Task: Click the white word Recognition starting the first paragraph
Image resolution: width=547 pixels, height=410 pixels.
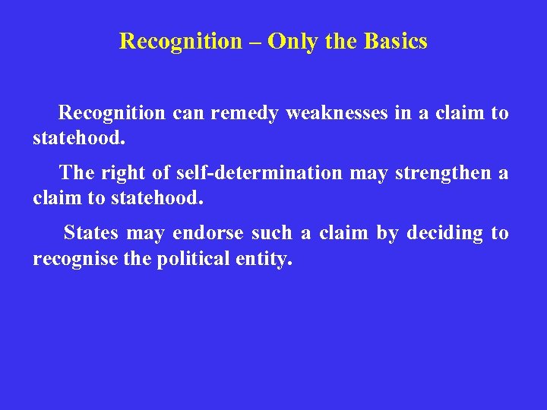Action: (x=112, y=113)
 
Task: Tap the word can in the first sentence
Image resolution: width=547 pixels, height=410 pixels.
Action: (x=188, y=113)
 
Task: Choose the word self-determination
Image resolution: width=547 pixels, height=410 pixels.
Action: (x=259, y=173)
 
